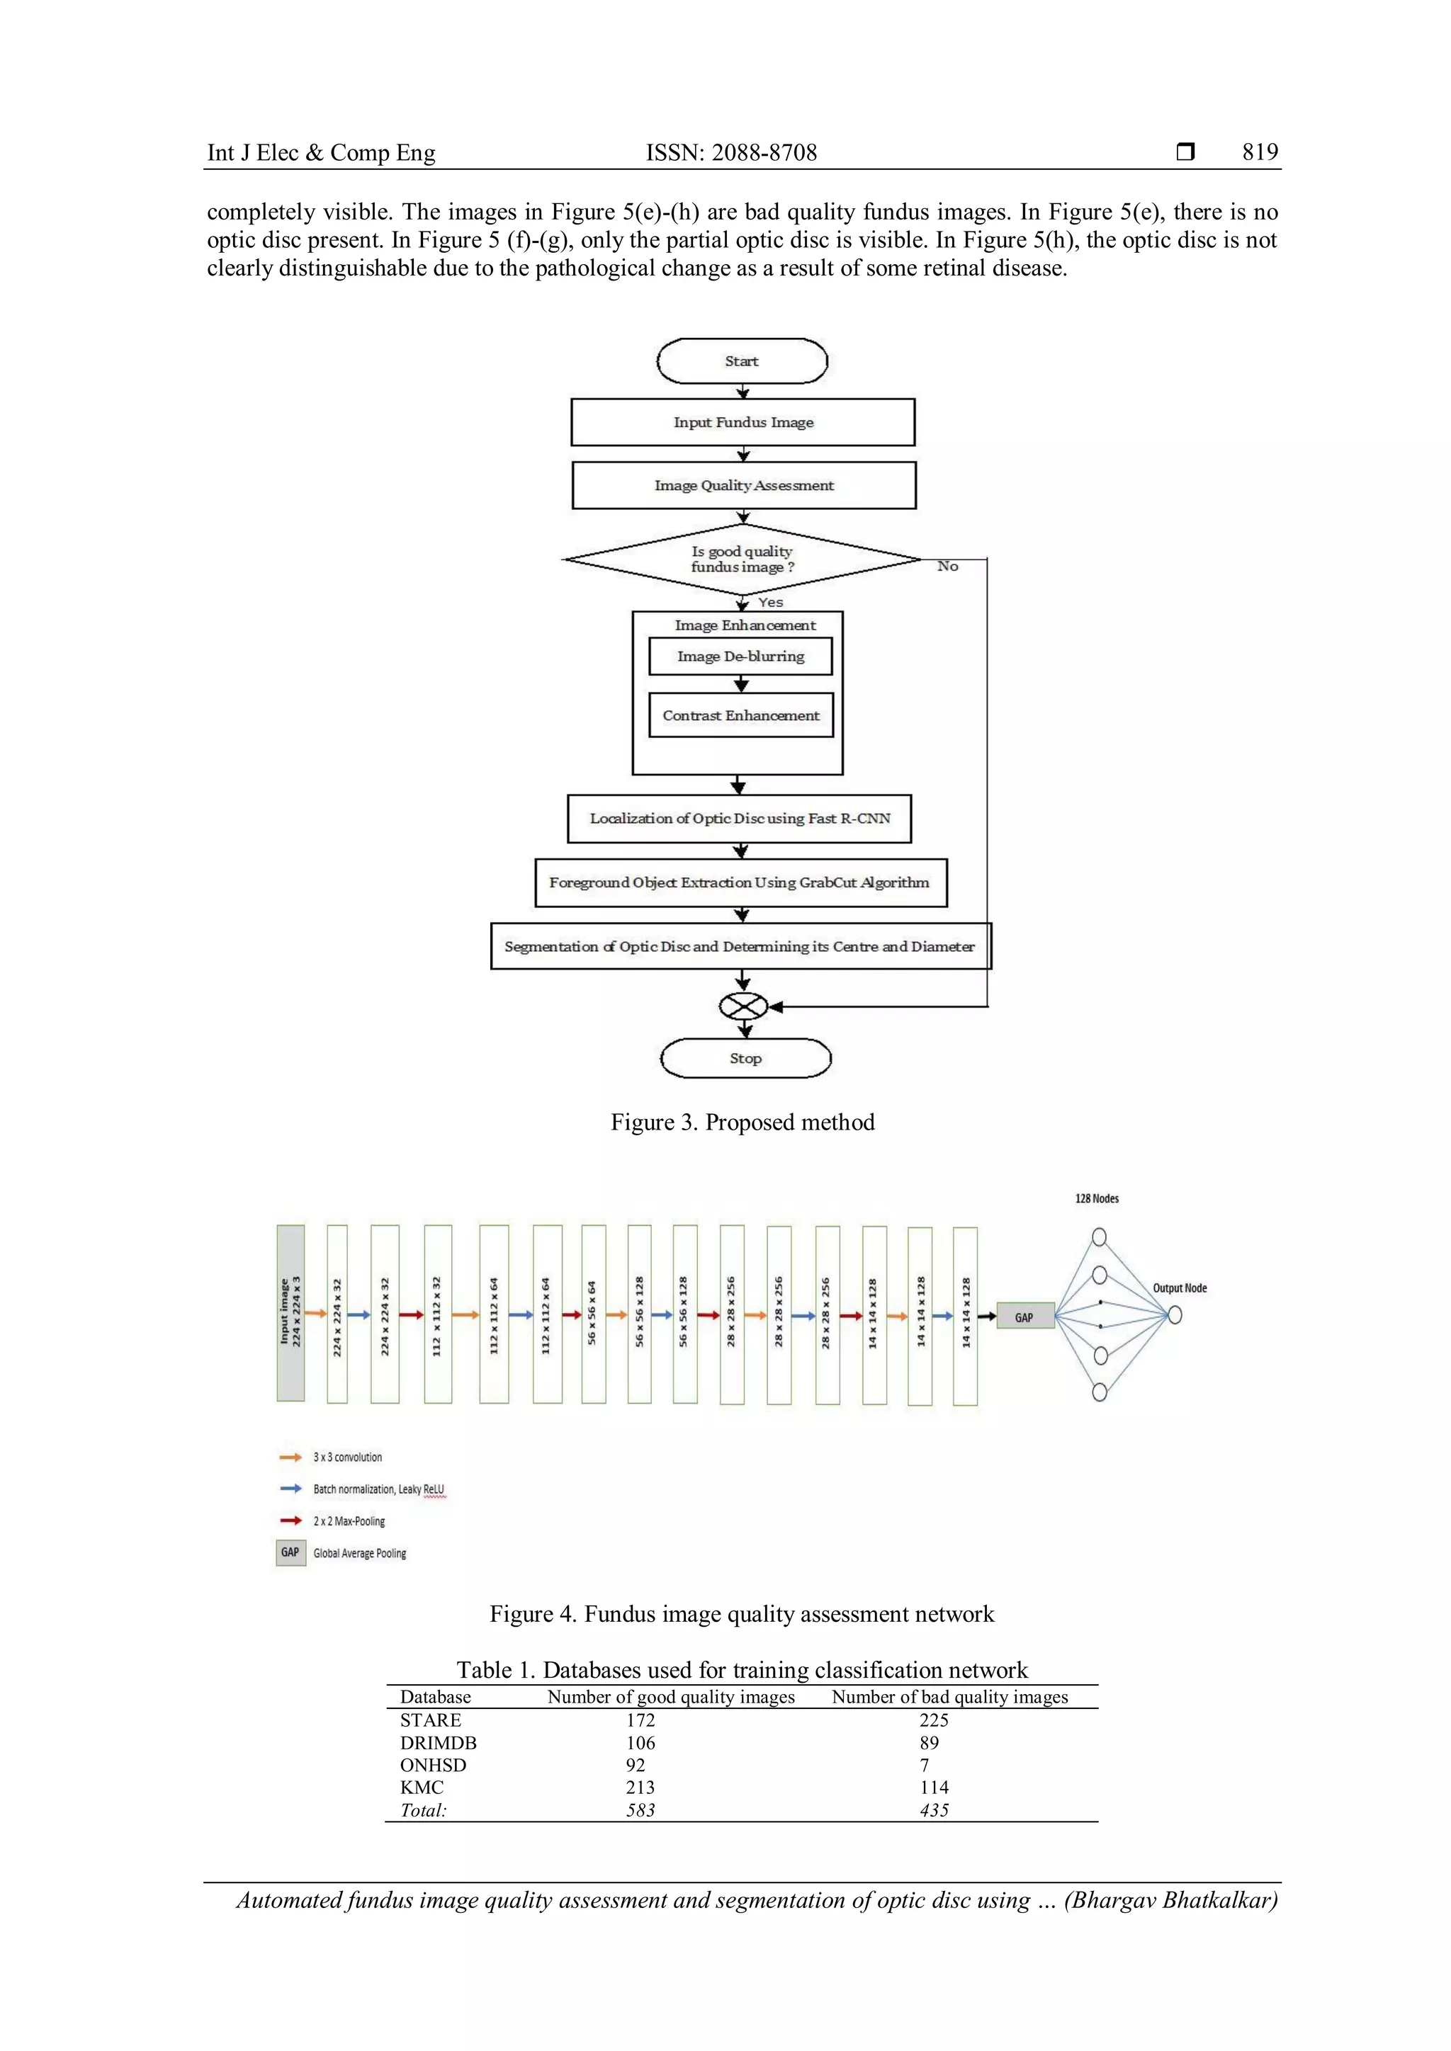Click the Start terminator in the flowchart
pos(742,362)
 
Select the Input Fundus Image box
pos(743,423)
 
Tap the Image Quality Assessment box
pos(743,485)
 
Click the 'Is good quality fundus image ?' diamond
pos(742,559)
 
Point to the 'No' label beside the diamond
pos(947,567)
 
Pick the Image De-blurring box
pos(740,657)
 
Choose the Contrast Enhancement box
pos(740,715)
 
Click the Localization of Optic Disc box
pos(739,818)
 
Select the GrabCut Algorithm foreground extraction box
pos(740,882)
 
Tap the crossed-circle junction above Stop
pos(743,1007)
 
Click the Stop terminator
pos(745,1059)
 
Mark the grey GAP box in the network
pos(1024,1317)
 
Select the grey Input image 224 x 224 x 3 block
pos(290,1313)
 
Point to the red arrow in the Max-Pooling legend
pos(290,1521)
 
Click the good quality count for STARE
pos(640,1720)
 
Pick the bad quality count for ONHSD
pos(925,1764)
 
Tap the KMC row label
pos(422,1787)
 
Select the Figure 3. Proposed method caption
pos(743,1122)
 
